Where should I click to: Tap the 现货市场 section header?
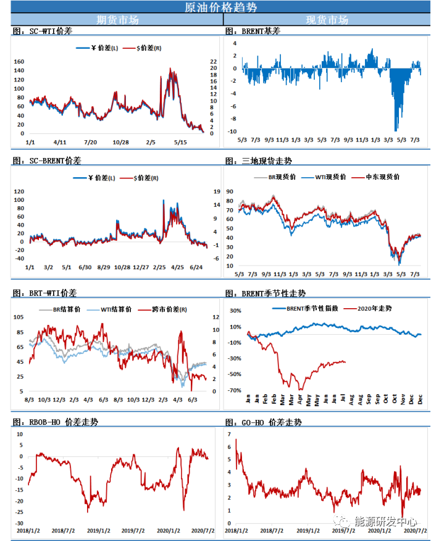[x=327, y=20]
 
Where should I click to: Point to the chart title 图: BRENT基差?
[x=253, y=31]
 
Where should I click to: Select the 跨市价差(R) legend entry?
[x=163, y=309]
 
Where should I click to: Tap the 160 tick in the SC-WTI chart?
[x=19, y=62]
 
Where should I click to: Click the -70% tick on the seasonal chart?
[x=233, y=390]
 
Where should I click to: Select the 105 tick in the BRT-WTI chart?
[x=19, y=317]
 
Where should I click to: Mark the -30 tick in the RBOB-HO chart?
[x=19, y=523]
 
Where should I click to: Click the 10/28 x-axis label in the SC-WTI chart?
[x=120, y=142]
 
